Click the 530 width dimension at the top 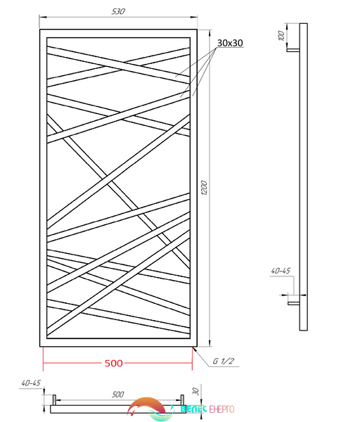(118, 11)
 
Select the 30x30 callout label (230, 43)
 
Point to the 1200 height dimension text (204, 188)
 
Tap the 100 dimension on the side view (281, 36)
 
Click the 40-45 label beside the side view (281, 271)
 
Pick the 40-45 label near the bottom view (31, 383)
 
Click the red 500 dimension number (113, 364)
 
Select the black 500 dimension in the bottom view (118, 395)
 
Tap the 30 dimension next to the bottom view (196, 391)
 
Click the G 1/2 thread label (224, 361)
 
